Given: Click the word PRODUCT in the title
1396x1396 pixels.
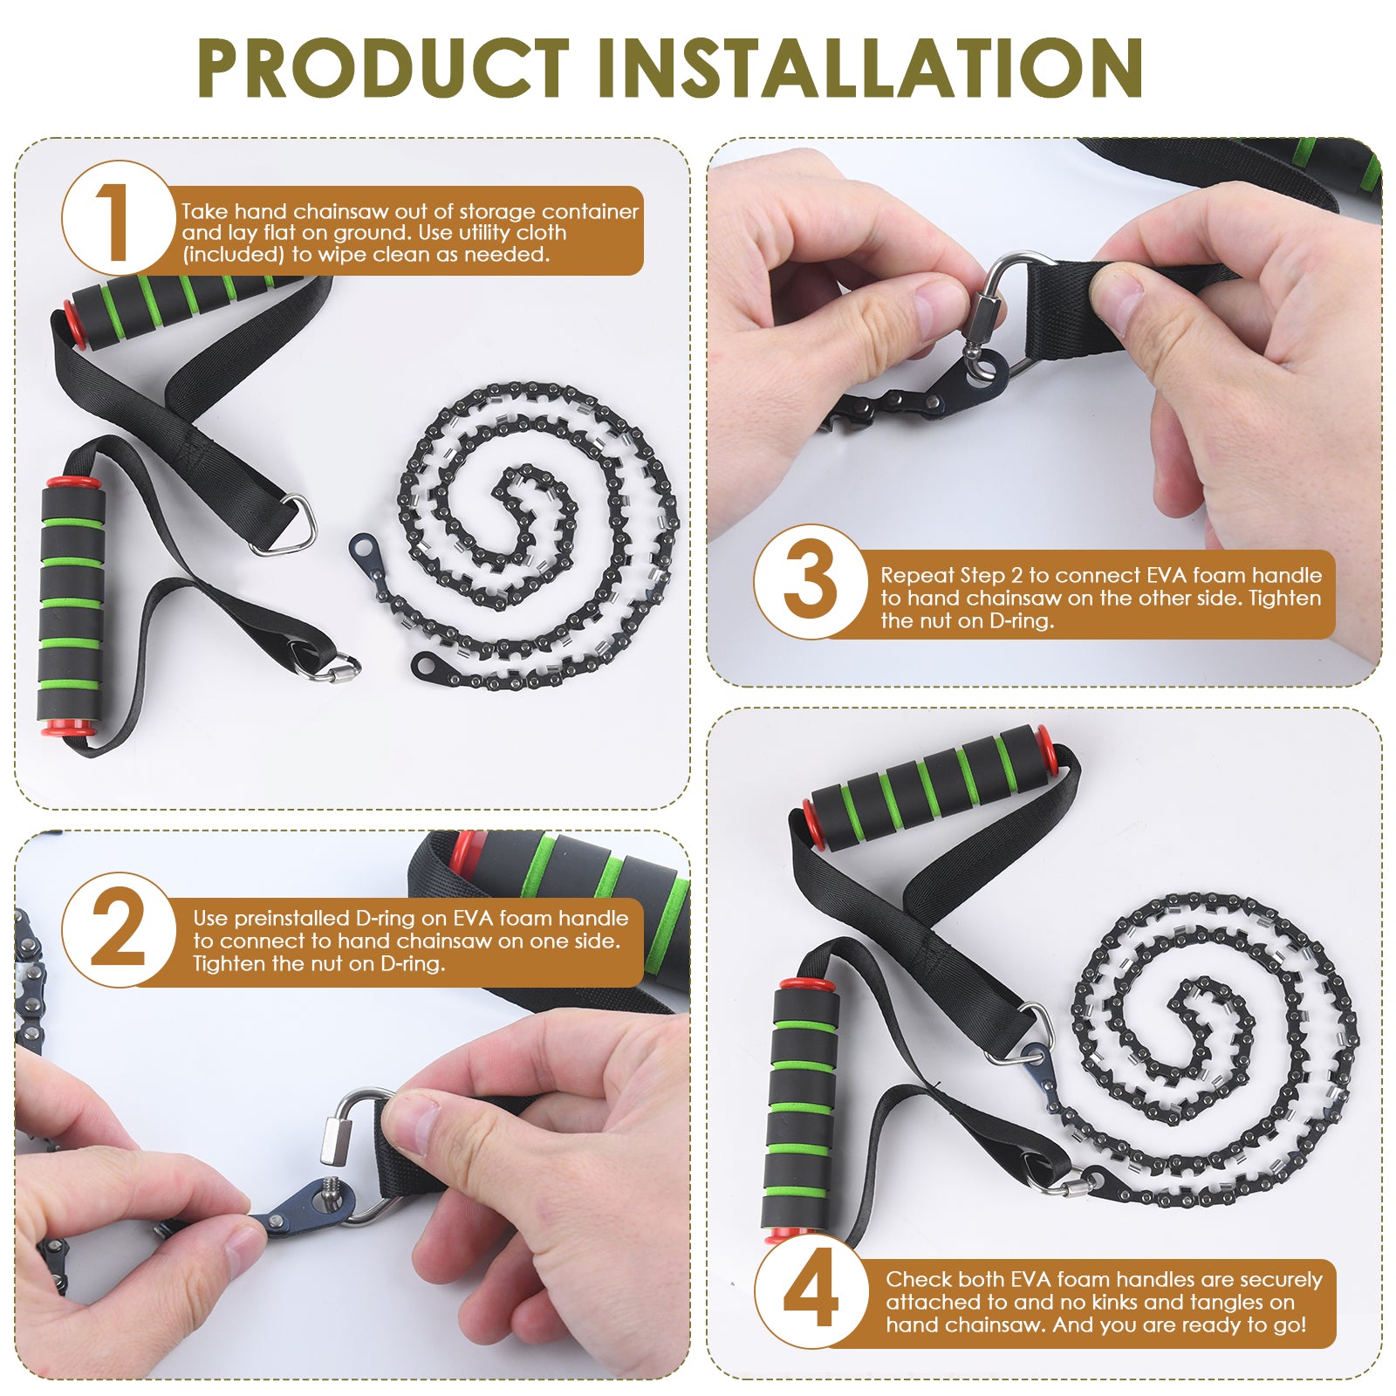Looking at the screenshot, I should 384,67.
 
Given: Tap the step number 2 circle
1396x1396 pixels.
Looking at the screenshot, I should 117,929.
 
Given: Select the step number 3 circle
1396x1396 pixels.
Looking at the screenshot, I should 810,582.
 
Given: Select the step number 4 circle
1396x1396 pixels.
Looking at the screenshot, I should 811,1292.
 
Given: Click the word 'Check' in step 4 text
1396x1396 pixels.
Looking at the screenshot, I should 918,1279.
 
